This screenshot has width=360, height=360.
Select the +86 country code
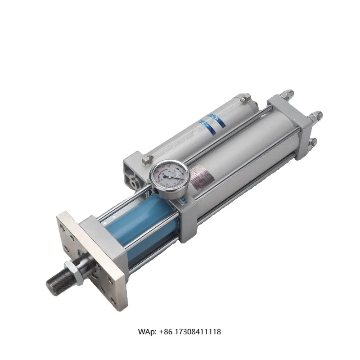click(x=171, y=332)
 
